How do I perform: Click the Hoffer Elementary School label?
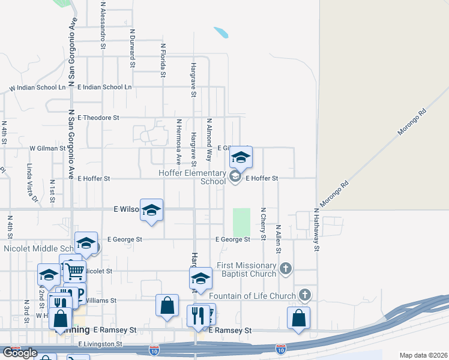(x=192, y=177)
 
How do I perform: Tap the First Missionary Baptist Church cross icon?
(x=286, y=268)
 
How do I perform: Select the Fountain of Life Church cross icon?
(x=305, y=295)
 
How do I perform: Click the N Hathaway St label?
(x=316, y=229)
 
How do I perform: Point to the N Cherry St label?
(x=263, y=224)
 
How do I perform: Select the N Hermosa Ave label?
(x=179, y=142)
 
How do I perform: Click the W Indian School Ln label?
(x=37, y=88)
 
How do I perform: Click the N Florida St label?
(x=163, y=59)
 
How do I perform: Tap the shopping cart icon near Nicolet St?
(x=74, y=271)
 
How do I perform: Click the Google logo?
(x=20, y=353)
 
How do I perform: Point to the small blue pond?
(x=221, y=32)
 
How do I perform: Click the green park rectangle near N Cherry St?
(x=241, y=222)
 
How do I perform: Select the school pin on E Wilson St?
(x=152, y=210)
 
